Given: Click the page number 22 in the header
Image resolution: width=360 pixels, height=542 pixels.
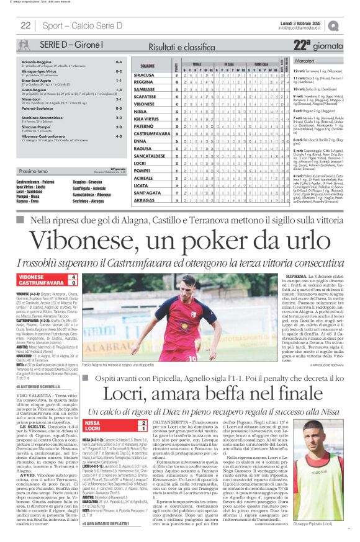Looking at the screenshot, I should [26, 25].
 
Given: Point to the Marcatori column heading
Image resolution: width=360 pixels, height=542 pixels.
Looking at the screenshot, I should [305, 61].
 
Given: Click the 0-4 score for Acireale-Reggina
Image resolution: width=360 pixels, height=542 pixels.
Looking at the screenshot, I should [119, 63].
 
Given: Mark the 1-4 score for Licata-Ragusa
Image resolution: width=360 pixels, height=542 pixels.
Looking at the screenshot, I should [119, 89].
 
